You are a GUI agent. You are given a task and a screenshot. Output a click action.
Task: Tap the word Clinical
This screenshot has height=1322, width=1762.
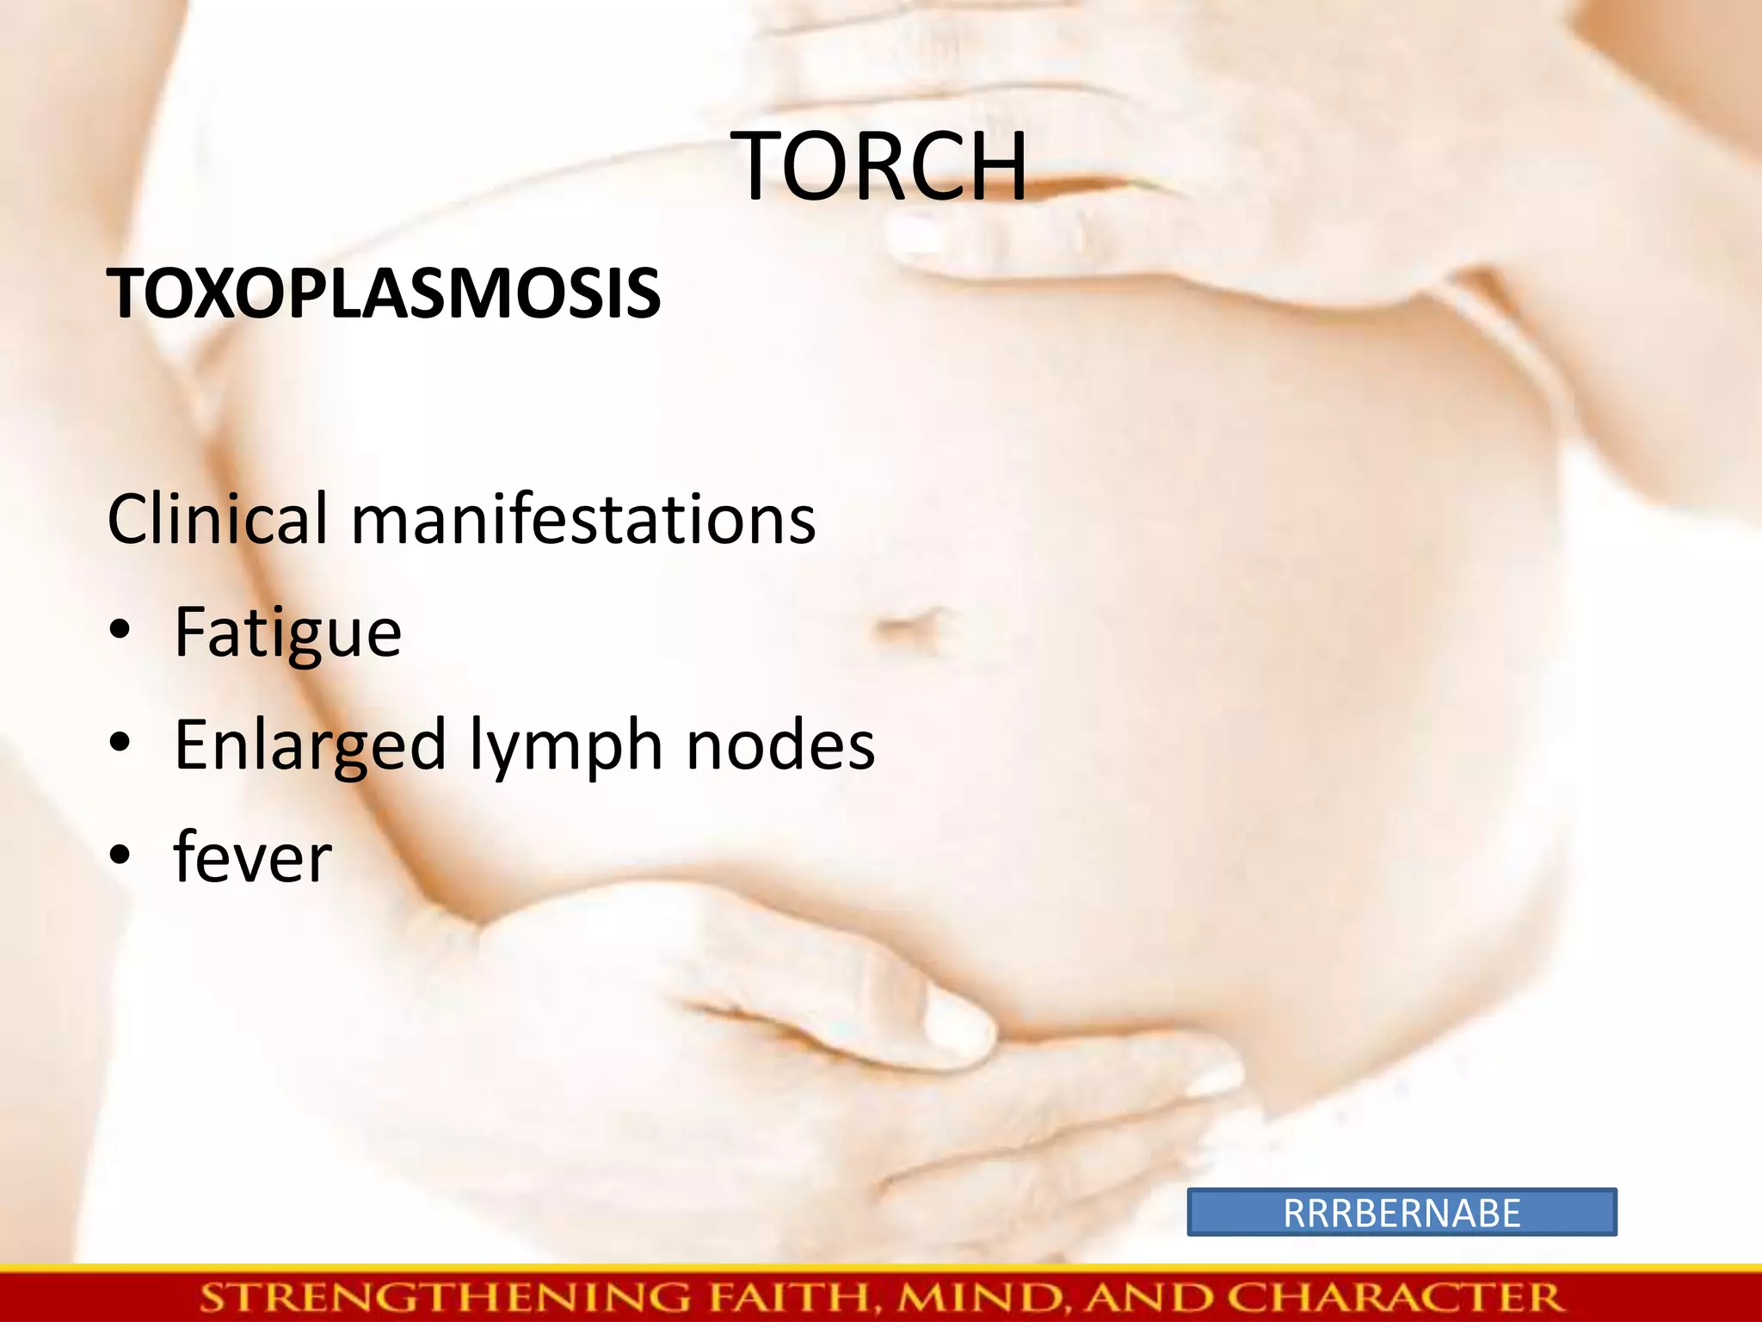pos(218,520)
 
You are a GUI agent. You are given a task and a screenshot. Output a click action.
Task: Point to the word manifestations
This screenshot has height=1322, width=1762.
pos(583,520)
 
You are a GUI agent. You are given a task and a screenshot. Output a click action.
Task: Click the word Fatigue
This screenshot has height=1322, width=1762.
pos(287,633)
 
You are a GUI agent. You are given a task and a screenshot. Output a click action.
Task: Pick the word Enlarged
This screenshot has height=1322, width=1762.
pos(310,745)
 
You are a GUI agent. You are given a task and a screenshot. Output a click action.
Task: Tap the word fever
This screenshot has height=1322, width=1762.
pos(252,857)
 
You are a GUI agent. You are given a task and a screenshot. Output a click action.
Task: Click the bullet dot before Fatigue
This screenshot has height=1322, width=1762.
pos(120,632)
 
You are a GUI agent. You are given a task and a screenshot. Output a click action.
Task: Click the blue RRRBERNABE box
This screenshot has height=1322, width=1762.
pos(1402,1213)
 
